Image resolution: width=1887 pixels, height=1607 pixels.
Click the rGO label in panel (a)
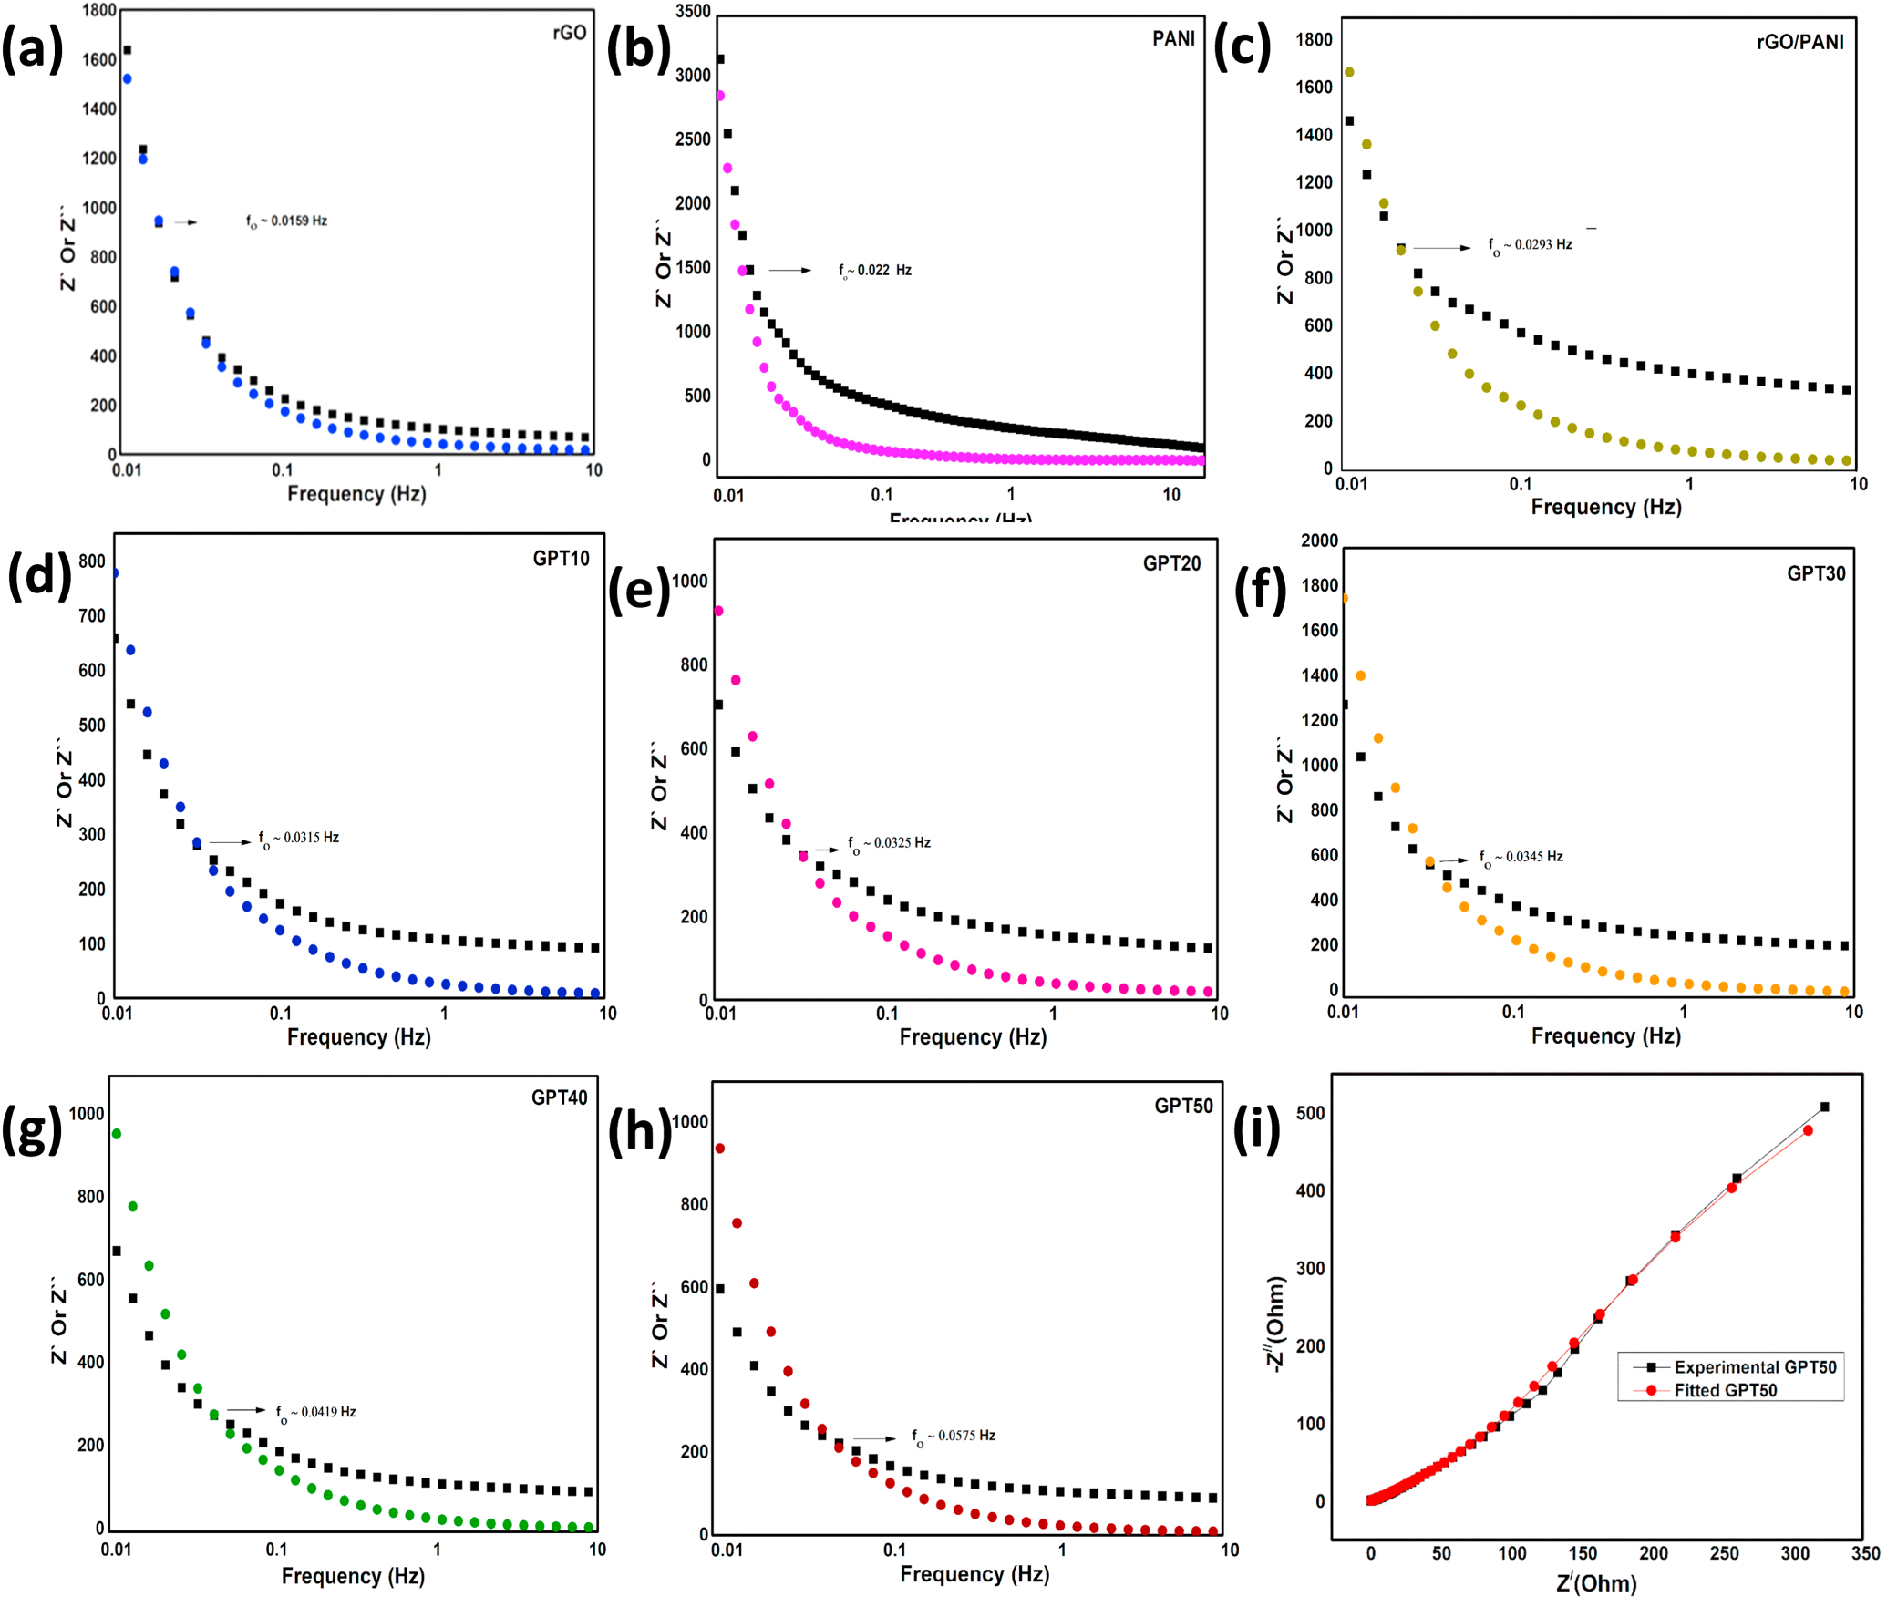click(570, 33)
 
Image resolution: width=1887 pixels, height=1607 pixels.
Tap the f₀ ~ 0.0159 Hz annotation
click(286, 221)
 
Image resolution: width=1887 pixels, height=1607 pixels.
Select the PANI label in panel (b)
click(1173, 38)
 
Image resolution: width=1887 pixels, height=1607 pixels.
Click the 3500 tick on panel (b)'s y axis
click(693, 11)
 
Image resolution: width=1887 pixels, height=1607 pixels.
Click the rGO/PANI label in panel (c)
click(1799, 42)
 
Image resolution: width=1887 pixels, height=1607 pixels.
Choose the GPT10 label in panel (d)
click(561, 559)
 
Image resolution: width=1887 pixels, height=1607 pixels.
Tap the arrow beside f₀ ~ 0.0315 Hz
click(230, 842)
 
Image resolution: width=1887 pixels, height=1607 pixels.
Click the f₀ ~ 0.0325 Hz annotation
click(889, 843)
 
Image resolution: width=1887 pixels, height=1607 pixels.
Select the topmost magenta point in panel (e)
click(718, 611)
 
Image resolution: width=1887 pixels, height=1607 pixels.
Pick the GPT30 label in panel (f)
click(1815, 573)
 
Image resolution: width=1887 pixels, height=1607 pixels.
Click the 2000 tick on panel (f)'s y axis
click(1319, 541)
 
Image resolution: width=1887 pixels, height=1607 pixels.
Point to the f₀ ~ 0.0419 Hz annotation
click(315, 1412)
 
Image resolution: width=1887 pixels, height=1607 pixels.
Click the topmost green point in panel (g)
click(116, 1134)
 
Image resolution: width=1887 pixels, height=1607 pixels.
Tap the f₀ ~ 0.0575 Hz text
click(954, 1436)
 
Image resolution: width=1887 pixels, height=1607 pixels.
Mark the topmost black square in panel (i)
click(1824, 1107)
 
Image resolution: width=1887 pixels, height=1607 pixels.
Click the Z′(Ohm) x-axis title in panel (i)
click(1596, 1583)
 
